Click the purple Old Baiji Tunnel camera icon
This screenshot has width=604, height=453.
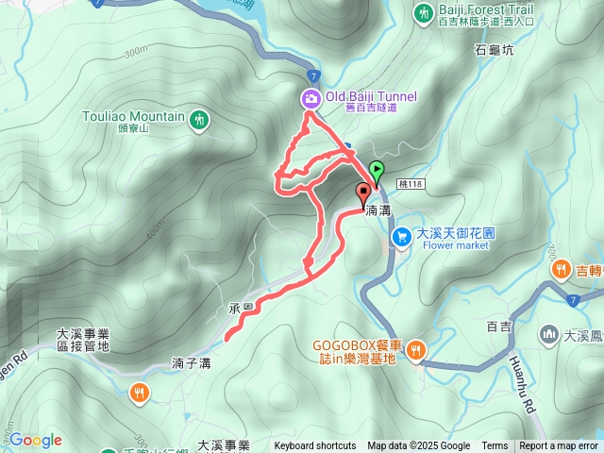(310, 97)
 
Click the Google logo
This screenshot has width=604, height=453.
(35, 440)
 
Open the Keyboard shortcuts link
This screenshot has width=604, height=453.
(315, 446)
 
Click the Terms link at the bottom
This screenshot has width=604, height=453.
(495, 446)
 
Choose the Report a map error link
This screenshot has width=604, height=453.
(559, 446)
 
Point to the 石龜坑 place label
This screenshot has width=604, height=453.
(495, 51)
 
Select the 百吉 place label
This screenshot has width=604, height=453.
(498, 327)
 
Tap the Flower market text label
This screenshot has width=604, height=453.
(456, 244)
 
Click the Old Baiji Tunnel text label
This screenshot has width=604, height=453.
(372, 96)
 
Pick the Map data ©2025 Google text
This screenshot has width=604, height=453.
(419, 446)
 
